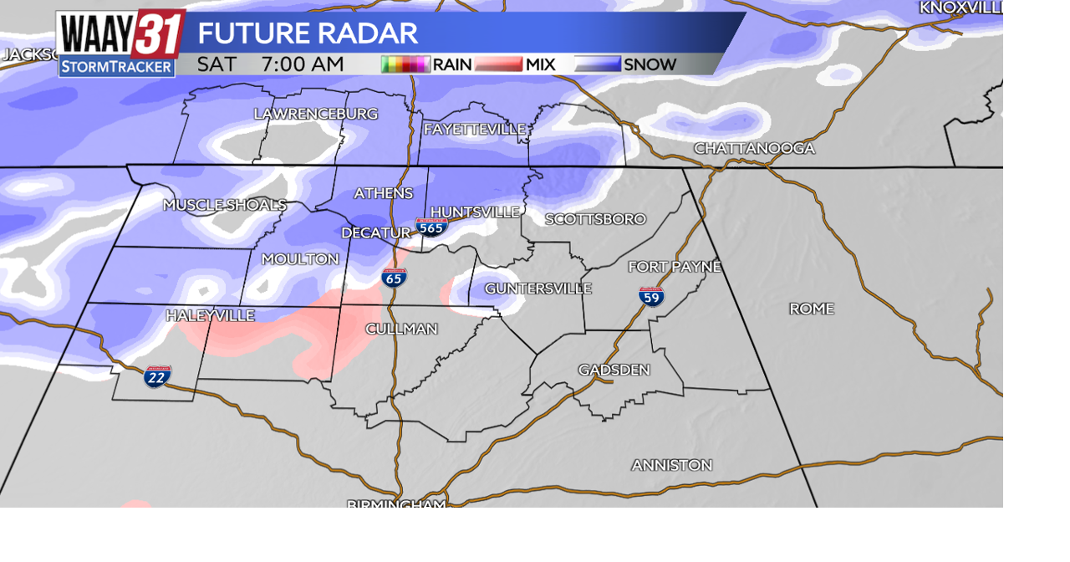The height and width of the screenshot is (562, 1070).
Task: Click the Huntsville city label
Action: point(474,212)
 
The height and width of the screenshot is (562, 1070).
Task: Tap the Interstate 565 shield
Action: point(431,227)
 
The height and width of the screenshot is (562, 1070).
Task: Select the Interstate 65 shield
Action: point(395,278)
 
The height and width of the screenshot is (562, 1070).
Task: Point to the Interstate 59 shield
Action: point(651,296)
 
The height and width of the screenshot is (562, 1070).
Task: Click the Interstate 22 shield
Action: point(156,376)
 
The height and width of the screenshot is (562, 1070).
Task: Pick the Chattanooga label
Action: point(754,148)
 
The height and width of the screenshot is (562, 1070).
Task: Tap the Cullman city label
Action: point(401,329)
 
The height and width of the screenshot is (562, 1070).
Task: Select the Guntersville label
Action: point(538,288)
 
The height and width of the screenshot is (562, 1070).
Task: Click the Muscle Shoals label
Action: point(224,205)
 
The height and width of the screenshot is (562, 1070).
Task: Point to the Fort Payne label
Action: point(674,267)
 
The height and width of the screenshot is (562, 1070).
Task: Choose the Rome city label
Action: point(811,309)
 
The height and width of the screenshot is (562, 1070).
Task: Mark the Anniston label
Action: point(671,465)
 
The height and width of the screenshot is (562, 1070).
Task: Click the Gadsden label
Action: point(614,370)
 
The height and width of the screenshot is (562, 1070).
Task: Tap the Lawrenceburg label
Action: point(315,114)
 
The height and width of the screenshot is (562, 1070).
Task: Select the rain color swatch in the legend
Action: point(405,64)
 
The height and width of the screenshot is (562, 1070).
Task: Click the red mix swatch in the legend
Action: point(498,64)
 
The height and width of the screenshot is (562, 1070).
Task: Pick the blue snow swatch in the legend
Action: point(597,64)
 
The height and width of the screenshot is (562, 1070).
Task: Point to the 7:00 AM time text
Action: point(302,64)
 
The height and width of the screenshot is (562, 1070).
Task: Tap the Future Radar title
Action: point(307,33)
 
